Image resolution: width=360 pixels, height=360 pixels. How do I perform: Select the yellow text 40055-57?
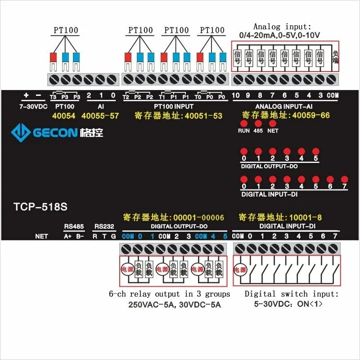[100, 116]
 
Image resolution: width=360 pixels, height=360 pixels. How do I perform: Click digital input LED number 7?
[345, 179]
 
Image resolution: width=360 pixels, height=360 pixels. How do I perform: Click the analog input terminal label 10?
[236, 95]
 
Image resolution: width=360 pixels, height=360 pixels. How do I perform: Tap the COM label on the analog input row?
[333, 95]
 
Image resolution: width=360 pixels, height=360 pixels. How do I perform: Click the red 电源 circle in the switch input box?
[239, 270]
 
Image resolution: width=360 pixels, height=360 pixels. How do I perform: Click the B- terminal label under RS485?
[80, 236]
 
